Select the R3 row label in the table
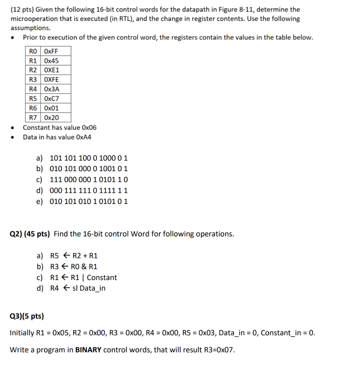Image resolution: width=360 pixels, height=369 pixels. [33, 80]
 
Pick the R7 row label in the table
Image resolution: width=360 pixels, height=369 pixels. [33, 117]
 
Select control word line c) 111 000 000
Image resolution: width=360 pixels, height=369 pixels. [88, 179]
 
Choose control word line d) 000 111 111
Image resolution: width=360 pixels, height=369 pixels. [88, 190]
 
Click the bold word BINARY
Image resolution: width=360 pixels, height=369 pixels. [88, 350]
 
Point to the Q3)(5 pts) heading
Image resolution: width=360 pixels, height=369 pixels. [27, 316]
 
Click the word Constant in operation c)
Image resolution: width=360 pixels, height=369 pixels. [102, 277]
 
